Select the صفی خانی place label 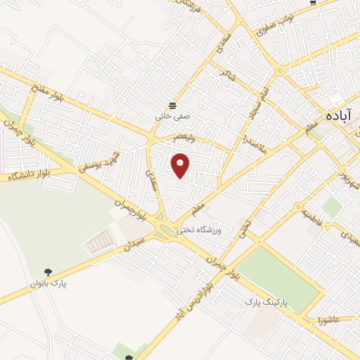pos(172,117)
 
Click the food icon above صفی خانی pos(172,105)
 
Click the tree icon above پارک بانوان pos(47,271)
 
